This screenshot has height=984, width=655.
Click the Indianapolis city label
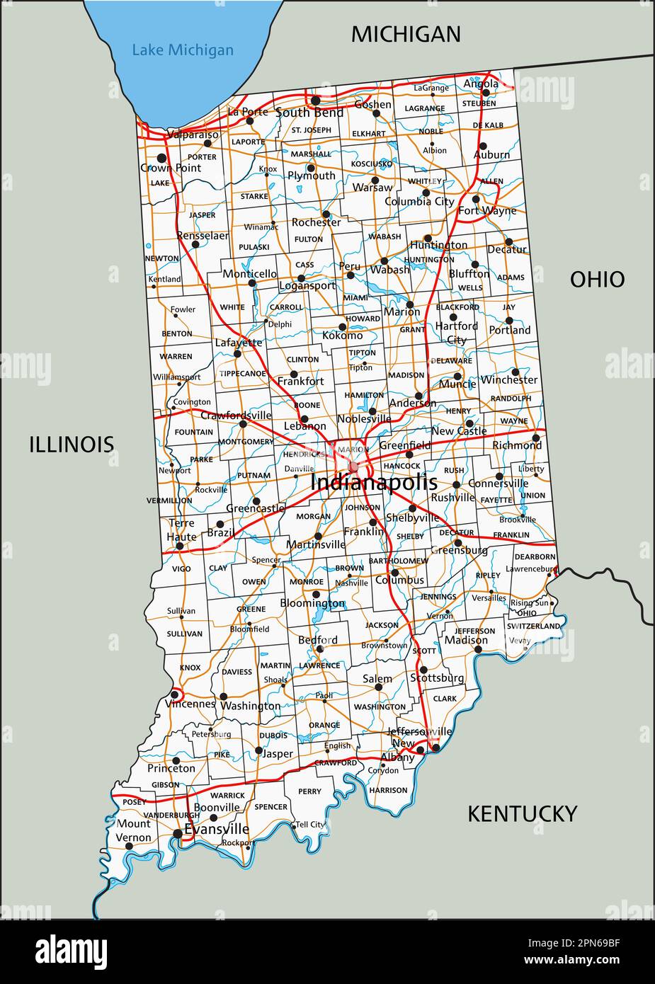coord(374,483)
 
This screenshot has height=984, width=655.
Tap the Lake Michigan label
coord(183,50)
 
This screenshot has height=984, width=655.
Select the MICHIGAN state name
coord(406,34)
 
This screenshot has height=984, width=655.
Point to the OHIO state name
coord(597,280)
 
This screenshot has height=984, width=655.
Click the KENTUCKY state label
coord(522,814)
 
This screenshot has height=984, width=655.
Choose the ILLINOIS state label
coord(72,445)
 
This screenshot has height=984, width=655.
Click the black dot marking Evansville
coord(177,834)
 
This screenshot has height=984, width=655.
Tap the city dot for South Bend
coord(315,101)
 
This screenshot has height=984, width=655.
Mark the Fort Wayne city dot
coord(477,199)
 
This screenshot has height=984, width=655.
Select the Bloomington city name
coord(312,604)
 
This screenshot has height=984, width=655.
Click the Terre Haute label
coord(181,530)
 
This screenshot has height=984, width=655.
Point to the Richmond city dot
coord(528,434)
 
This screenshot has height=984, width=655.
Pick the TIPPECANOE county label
coord(243,373)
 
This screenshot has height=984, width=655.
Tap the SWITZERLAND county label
coord(533,626)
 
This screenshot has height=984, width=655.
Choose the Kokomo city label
coord(342,336)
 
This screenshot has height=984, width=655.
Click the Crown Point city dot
coord(161,158)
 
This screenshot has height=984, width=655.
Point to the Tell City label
coord(310,825)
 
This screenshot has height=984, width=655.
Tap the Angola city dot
coord(486,93)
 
